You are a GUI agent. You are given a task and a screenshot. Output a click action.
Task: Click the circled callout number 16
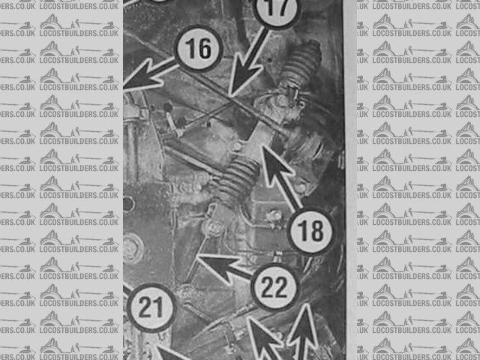click(x=198, y=48)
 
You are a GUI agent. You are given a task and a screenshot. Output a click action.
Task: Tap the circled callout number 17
click(x=277, y=8)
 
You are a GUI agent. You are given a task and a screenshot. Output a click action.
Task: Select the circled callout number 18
click(x=310, y=231)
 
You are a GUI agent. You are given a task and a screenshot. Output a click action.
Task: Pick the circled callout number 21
click(x=151, y=307)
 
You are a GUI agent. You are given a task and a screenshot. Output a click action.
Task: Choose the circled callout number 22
click(x=274, y=286)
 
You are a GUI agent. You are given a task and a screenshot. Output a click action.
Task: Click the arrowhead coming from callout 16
click(x=141, y=76)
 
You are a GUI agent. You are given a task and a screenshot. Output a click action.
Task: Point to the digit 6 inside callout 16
click(x=205, y=49)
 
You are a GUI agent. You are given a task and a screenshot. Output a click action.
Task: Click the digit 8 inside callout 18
click(x=316, y=231)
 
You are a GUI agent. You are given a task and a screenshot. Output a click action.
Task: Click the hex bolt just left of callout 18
click(x=273, y=217)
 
